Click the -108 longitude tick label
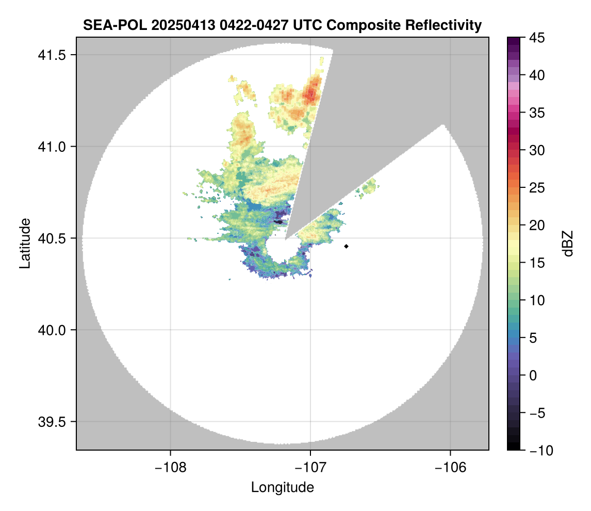tap(170, 467)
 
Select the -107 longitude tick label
tap(310, 467)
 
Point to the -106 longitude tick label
tap(451, 467)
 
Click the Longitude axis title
tap(282, 487)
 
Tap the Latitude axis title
tap(24, 243)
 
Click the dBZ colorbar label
tap(568, 244)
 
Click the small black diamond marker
tap(347, 246)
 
